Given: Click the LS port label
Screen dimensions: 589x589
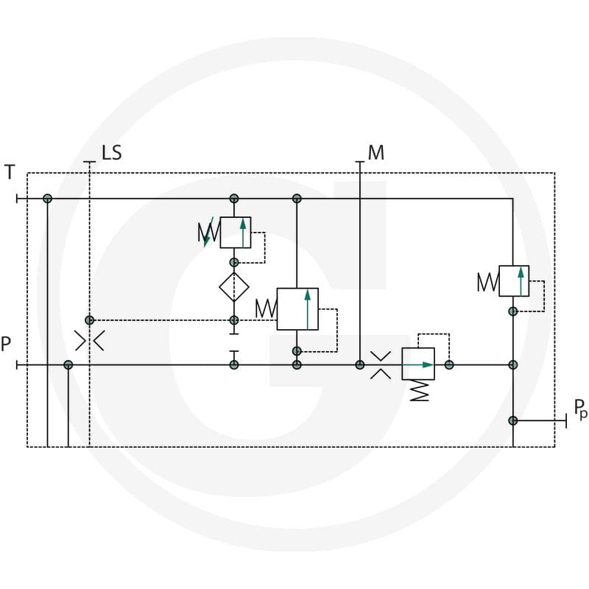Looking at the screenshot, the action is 112,152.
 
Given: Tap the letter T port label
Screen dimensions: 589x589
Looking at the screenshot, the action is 10,172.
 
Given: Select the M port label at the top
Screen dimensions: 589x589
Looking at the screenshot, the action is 376,152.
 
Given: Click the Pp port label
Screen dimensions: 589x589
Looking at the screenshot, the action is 580,409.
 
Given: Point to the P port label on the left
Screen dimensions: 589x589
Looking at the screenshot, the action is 6,344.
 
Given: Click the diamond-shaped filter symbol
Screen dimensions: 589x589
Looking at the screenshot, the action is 234,287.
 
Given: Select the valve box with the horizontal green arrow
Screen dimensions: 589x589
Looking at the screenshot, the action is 418,364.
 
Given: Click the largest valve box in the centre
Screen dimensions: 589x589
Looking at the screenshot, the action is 297,309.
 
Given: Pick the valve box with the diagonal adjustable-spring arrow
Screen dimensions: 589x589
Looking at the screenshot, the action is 236,233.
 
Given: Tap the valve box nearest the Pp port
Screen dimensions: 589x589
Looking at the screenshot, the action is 514,281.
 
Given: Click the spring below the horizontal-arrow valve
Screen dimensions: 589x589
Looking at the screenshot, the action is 419,391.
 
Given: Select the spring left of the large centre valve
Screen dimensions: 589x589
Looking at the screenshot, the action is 266,308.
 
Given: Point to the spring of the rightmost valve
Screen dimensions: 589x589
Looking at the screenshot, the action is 488,282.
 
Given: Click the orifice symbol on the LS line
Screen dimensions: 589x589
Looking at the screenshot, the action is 89,341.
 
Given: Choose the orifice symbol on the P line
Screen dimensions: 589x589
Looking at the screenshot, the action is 381,365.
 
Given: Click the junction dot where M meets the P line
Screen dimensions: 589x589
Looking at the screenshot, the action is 360,364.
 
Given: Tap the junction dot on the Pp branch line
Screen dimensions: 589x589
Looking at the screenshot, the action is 513,420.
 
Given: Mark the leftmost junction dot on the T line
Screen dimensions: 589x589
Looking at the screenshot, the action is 47,199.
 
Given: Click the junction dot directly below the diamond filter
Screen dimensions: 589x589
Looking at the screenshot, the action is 234,320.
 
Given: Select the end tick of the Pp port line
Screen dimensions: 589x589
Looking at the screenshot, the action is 566,420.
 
